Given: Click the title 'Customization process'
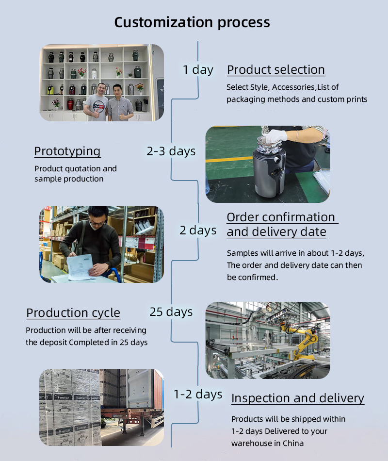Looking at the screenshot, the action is coord(192,23).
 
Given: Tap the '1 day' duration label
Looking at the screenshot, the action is coord(198,70).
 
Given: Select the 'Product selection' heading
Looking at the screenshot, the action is coord(275,70).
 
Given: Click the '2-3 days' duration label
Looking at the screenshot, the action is coord(171,151).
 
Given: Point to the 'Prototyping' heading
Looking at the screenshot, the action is coord(67,152).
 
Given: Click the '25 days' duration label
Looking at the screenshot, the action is coord(171,312).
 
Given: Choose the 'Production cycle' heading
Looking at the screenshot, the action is coord(73,313).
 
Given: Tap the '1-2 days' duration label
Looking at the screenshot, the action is coord(198,394).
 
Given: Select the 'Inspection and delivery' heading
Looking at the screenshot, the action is coord(297,398).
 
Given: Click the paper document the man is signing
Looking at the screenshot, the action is coord(80,267).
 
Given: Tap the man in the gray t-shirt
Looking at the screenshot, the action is coord(96,103).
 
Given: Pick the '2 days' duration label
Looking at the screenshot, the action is coord(198,230).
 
